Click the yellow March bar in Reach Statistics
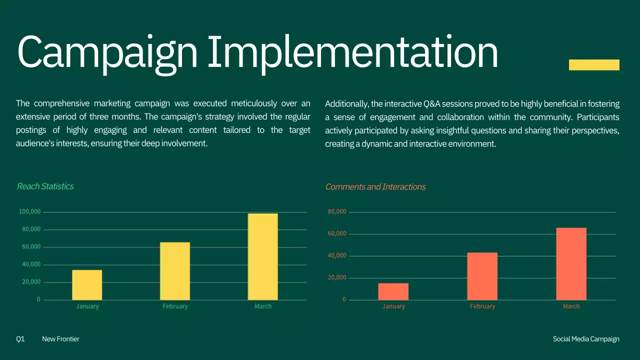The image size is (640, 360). click(x=262, y=256)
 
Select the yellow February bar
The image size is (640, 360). click(x=175, y=271)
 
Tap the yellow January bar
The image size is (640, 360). click(x=87, y=284)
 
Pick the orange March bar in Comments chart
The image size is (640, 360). click(x=571, y=263)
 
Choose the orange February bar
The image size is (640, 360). click(x=482, y=276)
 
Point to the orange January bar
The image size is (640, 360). click(x=393, y=291)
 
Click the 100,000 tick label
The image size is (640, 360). click(x=29, y=212)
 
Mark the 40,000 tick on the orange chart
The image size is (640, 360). click(x=337, y=255)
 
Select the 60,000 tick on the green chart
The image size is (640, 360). click(x=31, y=247)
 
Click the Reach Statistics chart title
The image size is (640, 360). click(x=45, y=186)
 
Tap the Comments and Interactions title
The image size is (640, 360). click(x=375, y=187)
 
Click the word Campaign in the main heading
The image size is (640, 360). click(x=107, y=52)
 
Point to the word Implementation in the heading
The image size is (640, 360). click(x=352, y=52)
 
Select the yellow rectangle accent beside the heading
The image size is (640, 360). click(x=594, y=65)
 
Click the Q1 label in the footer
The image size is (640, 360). click(x=20, y=339)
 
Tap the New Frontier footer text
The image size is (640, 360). click(x=60, y=339)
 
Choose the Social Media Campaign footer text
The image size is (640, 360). click(x=586, y=339)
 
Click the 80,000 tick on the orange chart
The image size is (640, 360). click(x=337, y=212)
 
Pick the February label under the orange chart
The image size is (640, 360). click(x=482, y=306)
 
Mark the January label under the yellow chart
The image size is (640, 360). click(x=87, y=306)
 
